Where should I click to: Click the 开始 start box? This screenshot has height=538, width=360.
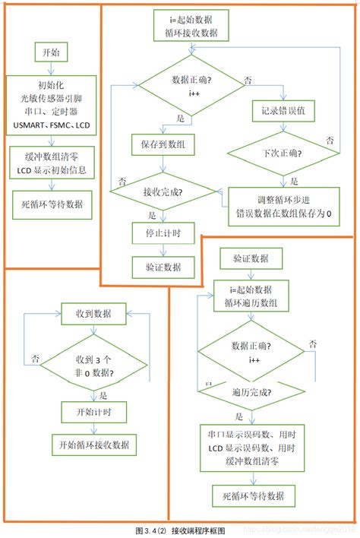point(51,52)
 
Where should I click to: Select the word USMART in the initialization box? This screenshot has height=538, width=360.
point(29,124)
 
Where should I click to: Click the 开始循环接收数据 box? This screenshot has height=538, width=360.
point(93,444)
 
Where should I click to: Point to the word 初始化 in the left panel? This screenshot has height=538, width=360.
point(51,84)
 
